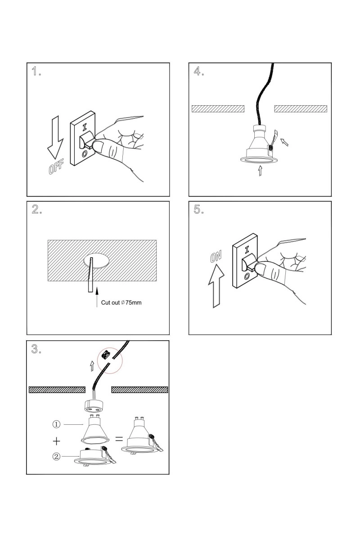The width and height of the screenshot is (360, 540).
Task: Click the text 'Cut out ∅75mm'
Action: coord(121,302)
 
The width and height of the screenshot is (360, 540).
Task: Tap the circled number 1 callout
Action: coord(56,424)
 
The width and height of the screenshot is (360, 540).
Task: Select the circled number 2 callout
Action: coord(56,456)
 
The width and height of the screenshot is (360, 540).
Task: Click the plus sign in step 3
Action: coord(56,440)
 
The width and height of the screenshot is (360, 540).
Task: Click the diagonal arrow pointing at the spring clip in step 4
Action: coord(285,143)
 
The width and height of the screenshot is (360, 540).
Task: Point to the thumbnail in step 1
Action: coord(104,146)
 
